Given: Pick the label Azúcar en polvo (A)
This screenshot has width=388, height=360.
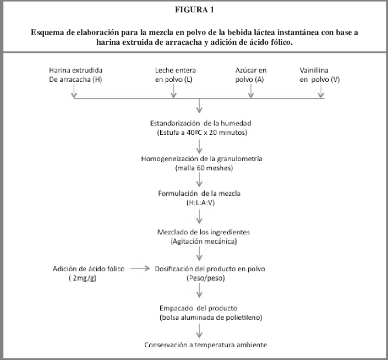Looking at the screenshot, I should pos(251,75).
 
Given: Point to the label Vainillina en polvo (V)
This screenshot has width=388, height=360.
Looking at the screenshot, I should pos(320,75).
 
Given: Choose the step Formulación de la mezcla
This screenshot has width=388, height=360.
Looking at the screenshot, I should pos(199,193).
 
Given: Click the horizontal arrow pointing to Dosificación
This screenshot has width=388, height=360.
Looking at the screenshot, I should pos(140,269).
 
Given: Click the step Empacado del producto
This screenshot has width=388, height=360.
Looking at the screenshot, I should pos(199,308).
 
